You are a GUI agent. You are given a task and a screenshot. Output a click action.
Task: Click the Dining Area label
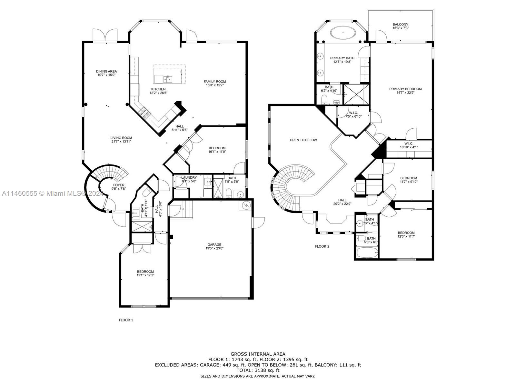(x=106, y=73)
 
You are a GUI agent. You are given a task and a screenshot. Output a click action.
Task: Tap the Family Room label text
(x=215, y=83)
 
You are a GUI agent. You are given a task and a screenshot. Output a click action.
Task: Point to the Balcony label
(x=400, y=26)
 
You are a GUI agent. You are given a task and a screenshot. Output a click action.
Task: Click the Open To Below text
(x=303, y=140)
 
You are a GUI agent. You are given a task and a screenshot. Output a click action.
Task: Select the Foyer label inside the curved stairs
(x=118, y=187)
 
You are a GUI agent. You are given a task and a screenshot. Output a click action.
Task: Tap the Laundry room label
(x=189, y=179)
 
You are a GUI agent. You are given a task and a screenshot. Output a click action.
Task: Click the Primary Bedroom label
(x=405, y=91)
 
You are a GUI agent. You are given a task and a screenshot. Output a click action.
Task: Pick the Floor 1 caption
(x=126, y=320)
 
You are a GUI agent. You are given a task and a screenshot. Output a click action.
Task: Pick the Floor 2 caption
(x=322, y=246)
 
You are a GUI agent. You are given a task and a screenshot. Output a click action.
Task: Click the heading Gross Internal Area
(x=258, y=354)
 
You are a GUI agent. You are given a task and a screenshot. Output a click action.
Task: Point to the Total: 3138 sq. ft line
(x=258, y=371)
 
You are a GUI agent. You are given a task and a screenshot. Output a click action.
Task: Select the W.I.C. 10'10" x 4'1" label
(x=409, y=145)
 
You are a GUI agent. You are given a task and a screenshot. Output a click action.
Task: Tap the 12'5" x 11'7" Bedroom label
(x=406, y=234)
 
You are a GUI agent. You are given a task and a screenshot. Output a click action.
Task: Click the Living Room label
(x=121, y=139)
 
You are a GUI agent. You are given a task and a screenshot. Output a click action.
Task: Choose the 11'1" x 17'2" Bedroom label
(x=145, y=273)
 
